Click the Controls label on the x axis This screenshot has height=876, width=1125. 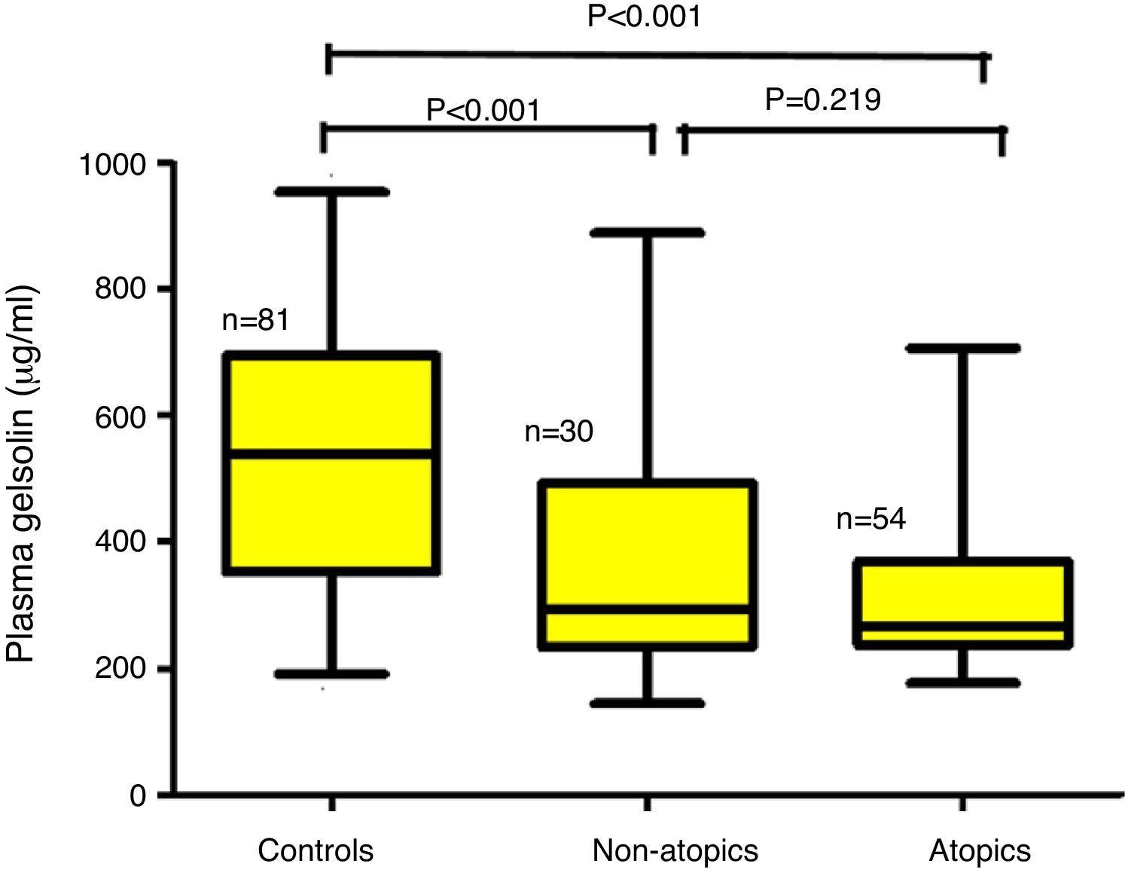pos(316,850)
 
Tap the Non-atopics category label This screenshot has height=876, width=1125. pos(675,850)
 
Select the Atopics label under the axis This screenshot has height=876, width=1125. pos(980,851)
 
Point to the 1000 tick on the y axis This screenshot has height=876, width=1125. pos(114,163)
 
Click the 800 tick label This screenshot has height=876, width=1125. pos(120,289)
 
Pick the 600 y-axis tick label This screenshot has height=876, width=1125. pos(120,416)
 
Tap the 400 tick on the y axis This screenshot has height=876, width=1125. pos(120,542)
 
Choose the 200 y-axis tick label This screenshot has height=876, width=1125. pos(120,668)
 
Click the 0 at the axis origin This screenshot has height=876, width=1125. pos(138,795)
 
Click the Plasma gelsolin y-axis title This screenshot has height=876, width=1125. pos(23,475)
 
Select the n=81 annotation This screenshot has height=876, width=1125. pos(256,321)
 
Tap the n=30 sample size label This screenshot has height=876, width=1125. pos(559,432)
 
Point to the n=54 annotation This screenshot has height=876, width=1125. pos(870,520)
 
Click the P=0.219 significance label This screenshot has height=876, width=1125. pos(823,99)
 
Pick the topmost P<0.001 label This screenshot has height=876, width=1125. pos(644,16)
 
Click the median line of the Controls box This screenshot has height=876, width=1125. pos(331,453)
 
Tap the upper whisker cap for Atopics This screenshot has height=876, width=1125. pos(962,349)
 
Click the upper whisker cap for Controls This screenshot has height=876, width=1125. pos(331,192)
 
